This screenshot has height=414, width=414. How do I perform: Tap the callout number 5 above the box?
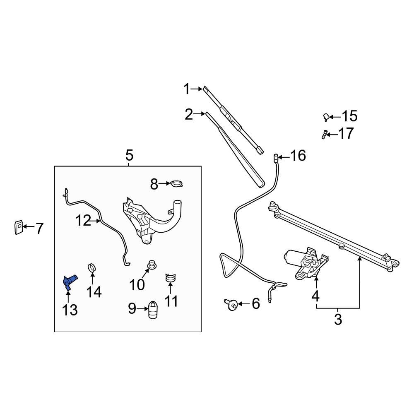pos(129,156)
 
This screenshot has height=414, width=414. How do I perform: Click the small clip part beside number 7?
pos(18,227)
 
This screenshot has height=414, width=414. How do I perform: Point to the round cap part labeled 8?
pos(177,184)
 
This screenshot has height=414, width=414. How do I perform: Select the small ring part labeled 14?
pos(92,268)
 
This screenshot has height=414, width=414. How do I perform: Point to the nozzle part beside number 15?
pos(326,118)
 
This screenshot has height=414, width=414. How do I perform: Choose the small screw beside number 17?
pos(324,134)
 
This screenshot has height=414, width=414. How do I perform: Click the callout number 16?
pos(298,156)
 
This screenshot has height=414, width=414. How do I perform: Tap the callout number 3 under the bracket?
pos(338,320)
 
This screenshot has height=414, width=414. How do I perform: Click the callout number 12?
pos(83,221)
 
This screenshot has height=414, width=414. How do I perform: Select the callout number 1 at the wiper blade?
pos(186,89)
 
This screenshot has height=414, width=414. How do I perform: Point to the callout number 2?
pos(189,114)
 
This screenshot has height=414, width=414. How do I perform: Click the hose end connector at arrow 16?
pos(275,157)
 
